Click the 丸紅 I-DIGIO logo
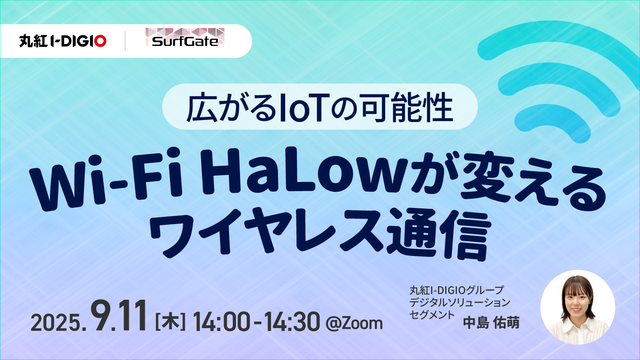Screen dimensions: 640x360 click(63, 41)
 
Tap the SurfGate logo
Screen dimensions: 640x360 click(185, 38)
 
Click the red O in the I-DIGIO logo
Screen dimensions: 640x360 click(100, 41)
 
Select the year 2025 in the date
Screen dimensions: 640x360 click(56, 323)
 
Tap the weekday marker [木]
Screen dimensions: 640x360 click(170, 322)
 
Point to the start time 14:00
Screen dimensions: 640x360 click(222, 322)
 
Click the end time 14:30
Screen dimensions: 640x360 click(292, 322)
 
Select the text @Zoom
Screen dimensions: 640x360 click(354, 323)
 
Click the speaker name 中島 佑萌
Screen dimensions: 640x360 click(491, 323)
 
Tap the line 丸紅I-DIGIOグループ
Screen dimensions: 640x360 click(456, 290)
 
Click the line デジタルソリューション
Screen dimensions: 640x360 click(460, 302)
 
